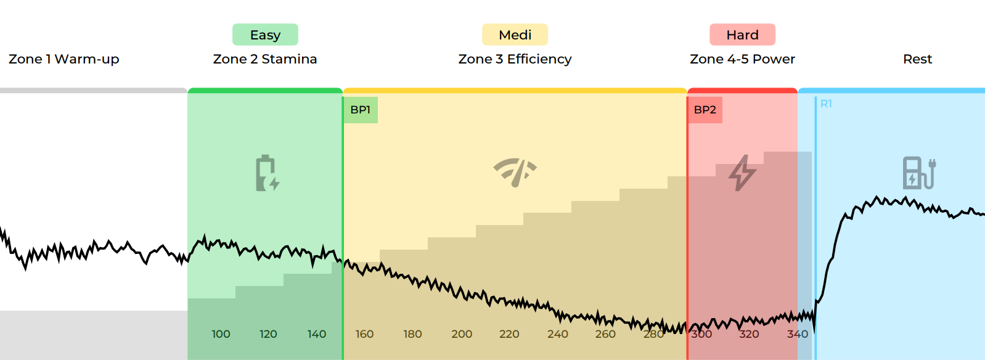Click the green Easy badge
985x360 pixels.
pyautogui.click(x=265, y=35)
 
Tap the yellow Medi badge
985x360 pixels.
pyautogui.click(x=515, y=35)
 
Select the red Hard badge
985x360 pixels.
pyautogui.click(x=742, y=35)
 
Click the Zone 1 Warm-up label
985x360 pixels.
pyautogui.click(x=63, y=59)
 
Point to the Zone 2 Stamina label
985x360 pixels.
pyautogui.click(x=265, y=59)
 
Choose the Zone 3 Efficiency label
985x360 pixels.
pyautogui.click(x=515, y=59)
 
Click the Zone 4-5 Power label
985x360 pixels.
pyautogui.click(x=742, y=59)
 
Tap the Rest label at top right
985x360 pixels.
pyautogui.click(x=917, y=59)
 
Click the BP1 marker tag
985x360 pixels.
pyautogui.click(x=361, y=110)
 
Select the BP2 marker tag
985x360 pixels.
pyautogui.click(x=705, y=110)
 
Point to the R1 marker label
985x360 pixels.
pyautogui.click(x=826, y=104)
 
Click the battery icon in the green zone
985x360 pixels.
pyautogui.click(x=267, y=173)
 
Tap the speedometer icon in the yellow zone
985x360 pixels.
pyautogui.click(x=515, y=172)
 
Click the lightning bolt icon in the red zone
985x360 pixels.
pyautogui.click(x=742, y=173)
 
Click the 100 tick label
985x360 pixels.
pyautogui.click(x=221, y=334)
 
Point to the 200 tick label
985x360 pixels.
pyautogui.click(x=462, y=334)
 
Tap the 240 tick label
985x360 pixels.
pyautogui.click(x=557, y=334)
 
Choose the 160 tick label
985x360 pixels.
pyautogui.click(x=364, y=334)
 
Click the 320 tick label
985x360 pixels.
pyautogui.click(x=749, y=334)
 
